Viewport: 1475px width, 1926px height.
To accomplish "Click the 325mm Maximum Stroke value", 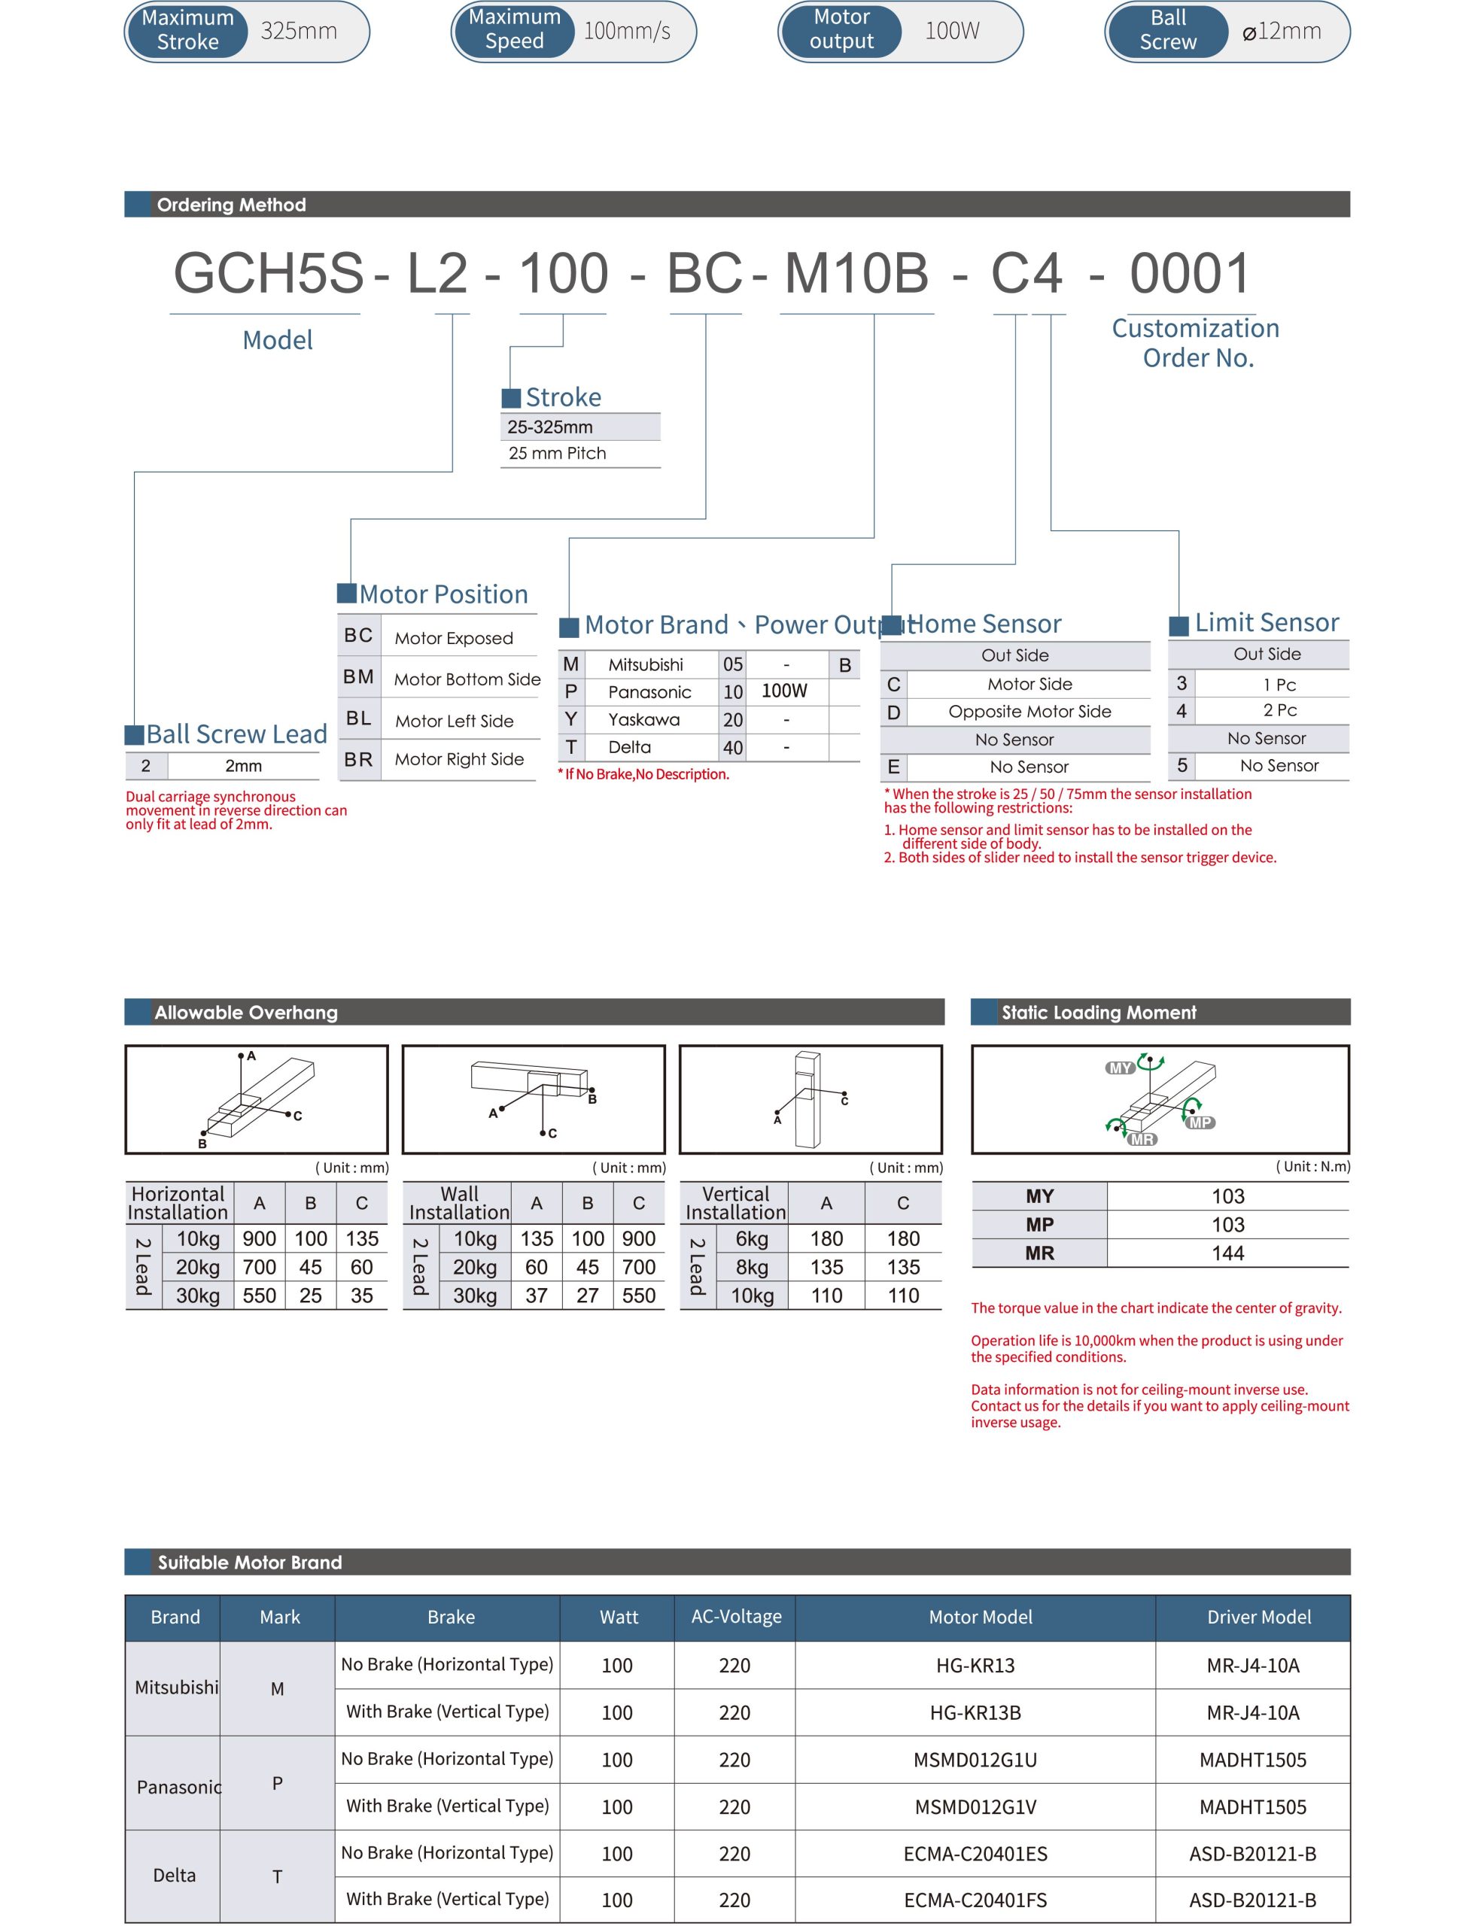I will (x=299, y=32).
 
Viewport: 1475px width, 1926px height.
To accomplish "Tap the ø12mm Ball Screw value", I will (x=1282, y=32).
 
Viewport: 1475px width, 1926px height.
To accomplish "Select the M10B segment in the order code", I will (x=856, y=273).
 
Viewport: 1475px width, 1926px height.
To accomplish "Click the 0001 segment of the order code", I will (x=1190, y=273).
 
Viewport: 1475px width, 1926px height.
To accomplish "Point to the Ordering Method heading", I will (x=231, y=205).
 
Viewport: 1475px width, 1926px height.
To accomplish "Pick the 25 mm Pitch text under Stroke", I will (x=558, y=453).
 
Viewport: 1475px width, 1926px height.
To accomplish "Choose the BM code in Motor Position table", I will (x=358, y=677).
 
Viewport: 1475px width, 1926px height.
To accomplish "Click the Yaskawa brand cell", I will (x=643, y=720).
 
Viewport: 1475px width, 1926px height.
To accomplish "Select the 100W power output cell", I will (x=784, y=691).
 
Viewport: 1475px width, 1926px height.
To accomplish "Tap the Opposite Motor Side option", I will (x=1029, y=711).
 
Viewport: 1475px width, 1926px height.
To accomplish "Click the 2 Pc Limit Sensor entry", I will (x=1279, y=710).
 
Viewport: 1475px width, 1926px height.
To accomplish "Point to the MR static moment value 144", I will (x=1227, y=1253).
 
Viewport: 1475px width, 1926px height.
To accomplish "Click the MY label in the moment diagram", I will (x=1121, y=1068).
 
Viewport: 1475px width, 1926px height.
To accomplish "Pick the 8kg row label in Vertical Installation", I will (x=752, y=1267).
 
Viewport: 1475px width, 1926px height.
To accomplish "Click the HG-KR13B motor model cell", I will (x=975, y=1712).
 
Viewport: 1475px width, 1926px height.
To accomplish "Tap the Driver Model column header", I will (x=1258, y=1617).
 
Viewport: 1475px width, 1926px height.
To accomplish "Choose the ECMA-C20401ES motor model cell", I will (x=975, y=1853).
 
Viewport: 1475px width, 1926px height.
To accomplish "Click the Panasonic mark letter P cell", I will (x=278, y=1783).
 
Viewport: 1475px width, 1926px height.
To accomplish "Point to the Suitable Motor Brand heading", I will (x=249, y=1563).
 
